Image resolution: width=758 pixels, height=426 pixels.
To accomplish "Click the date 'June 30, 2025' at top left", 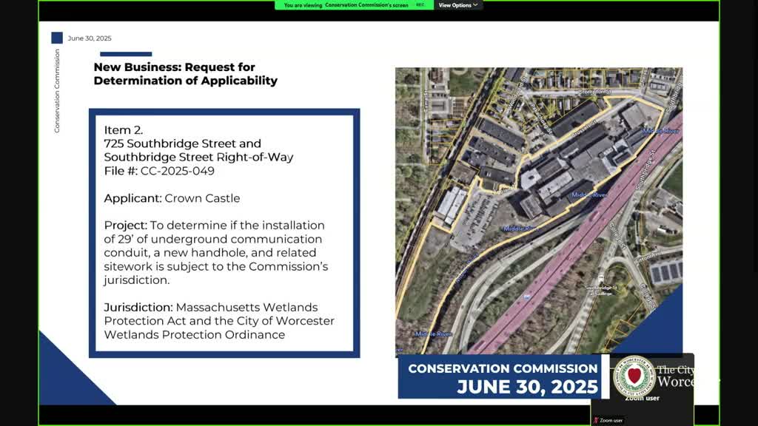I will coord(89,38).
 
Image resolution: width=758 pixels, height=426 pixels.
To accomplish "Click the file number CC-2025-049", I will coord(178,171).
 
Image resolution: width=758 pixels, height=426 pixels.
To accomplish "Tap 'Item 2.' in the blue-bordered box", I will coord(123,130).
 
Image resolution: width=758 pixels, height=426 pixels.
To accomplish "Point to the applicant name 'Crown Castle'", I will coord(202,198).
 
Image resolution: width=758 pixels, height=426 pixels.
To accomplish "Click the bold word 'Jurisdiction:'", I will coord(138,307).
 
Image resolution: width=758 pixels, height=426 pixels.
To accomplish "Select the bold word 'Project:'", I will coord(125,225).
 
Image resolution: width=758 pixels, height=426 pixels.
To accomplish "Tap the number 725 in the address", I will coord(114,143).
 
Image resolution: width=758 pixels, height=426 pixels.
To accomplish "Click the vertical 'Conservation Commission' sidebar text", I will coord(57,91).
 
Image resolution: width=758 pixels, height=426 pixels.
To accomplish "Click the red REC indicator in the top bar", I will coord(420,5).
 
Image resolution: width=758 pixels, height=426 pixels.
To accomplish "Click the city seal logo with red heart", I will coord(634,375).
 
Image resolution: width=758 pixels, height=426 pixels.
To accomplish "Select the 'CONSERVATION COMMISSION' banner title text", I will coord(503,368).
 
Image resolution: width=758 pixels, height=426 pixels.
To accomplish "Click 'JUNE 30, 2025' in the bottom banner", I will coord(527,387).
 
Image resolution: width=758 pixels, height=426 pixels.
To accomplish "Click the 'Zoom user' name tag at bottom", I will coord(611,420).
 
